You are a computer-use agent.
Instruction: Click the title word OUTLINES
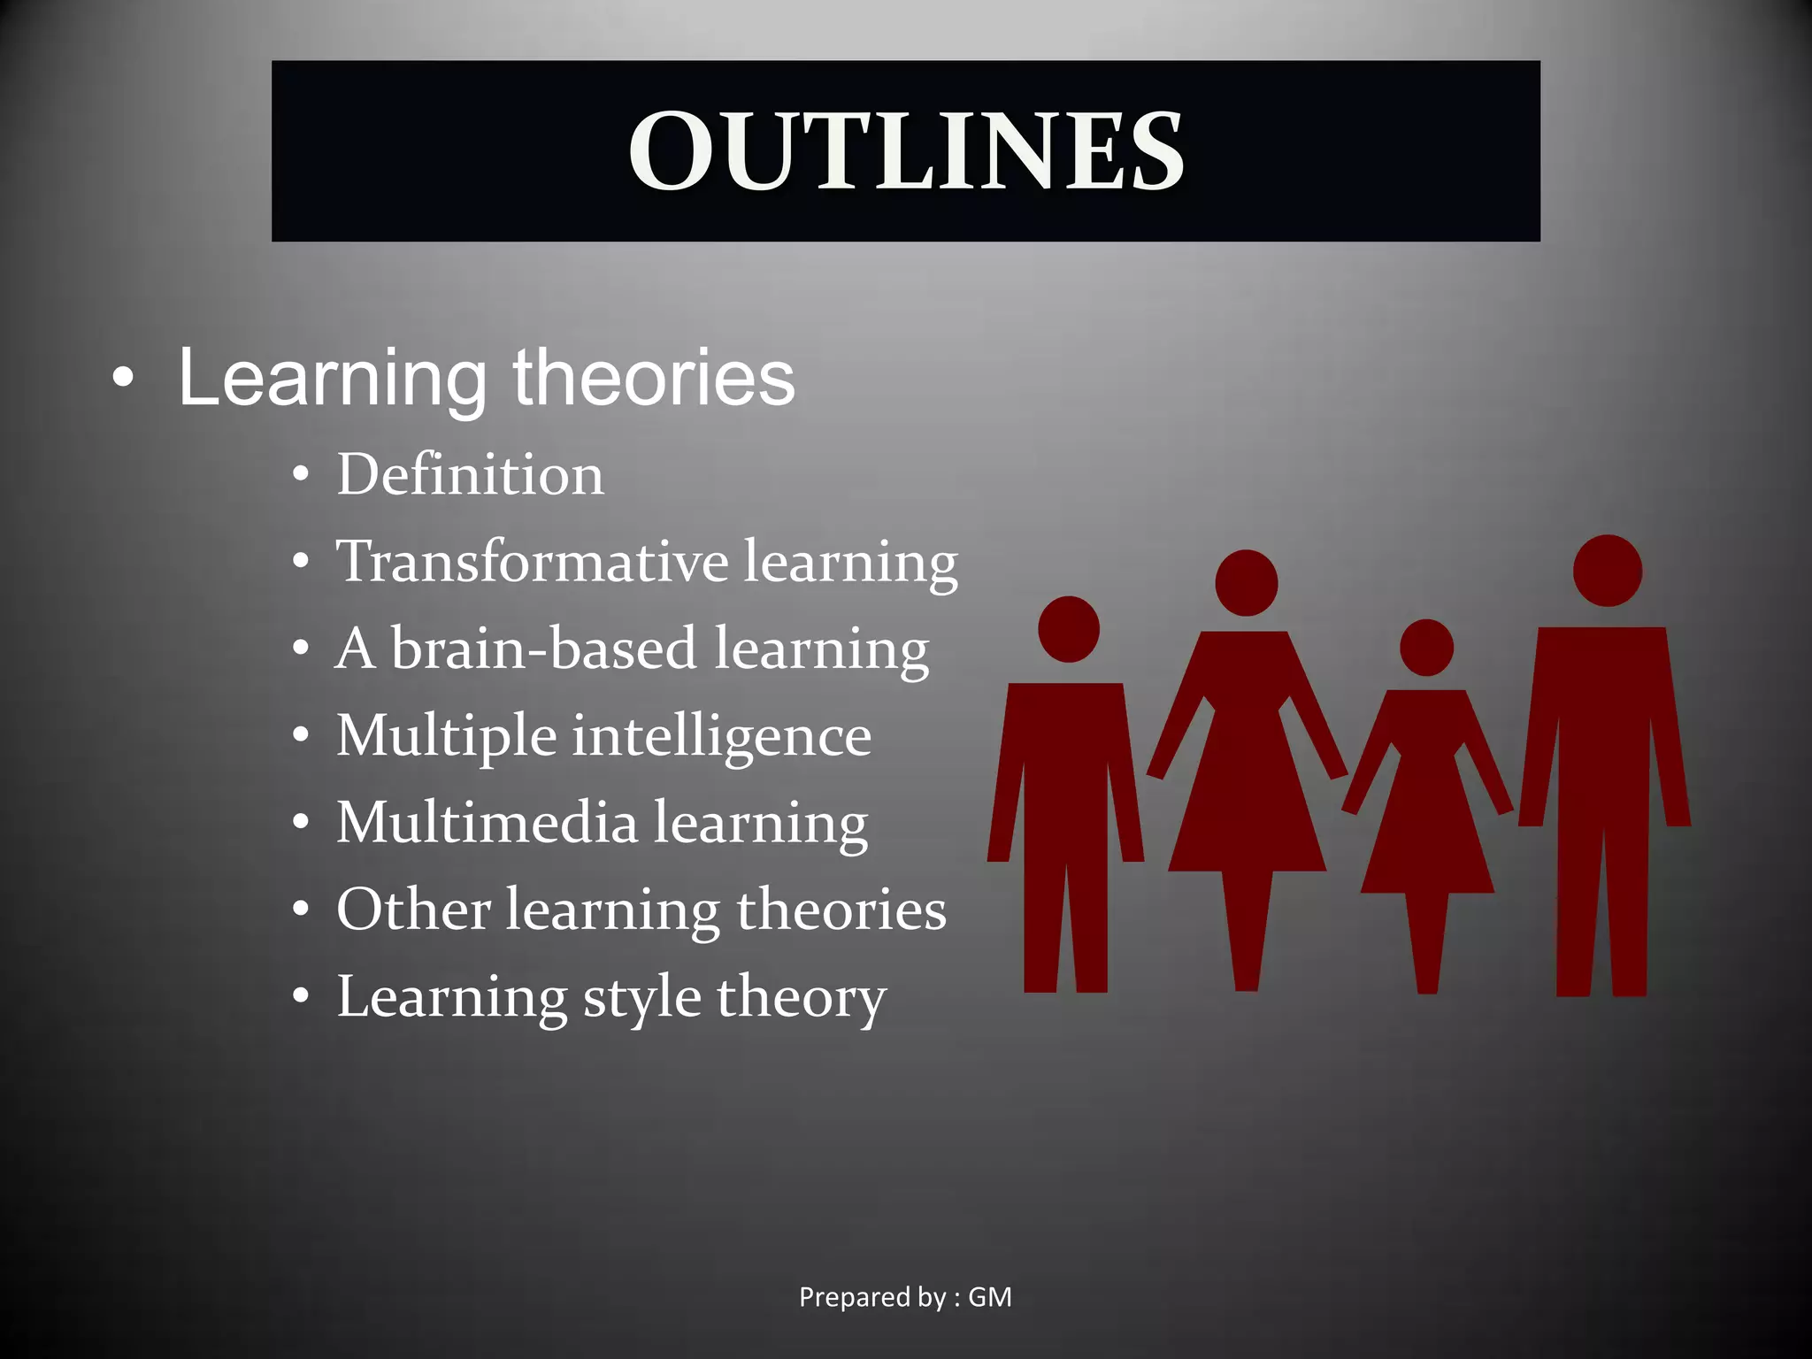click(x=905, y=151)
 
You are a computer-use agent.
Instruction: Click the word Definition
click(x=470, y=475)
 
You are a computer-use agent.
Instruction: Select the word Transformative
click(x=532, y=562)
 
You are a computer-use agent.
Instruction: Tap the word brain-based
click(x=543, y=649)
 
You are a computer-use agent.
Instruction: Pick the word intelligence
click(x=721, y=737)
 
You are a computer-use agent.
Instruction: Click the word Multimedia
click(x=487, y=823)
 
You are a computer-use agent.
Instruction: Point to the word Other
click(x=413, y=910)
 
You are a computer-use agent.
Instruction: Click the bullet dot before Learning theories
click(x=124, y=380)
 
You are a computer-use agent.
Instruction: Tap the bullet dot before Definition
click(x=302, y=475)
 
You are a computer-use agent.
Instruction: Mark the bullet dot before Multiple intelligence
click(x=302, y=736)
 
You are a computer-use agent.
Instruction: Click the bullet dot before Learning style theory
click(x=302, y=997)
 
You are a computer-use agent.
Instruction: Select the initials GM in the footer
click(x=990, y=1297)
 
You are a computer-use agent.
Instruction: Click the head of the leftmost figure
click(x=1069, y=629)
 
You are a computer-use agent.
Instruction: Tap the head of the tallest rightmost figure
click(x=1608, y=571)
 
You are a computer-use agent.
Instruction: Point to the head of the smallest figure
click(x=1426, y=648)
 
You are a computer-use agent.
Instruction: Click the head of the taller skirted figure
click(x=1247, y=583)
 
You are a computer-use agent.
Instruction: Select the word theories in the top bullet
click(x=654, y=378)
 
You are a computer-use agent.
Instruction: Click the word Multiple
click(x=447, y=737)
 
